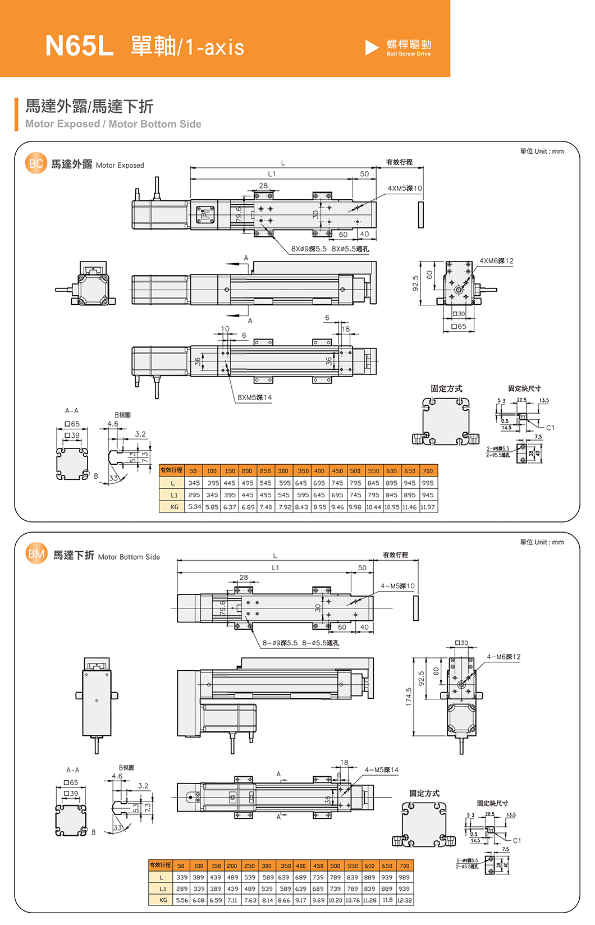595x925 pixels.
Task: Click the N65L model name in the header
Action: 79,45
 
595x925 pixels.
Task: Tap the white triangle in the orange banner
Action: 372,48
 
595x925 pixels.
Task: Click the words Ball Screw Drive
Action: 409,54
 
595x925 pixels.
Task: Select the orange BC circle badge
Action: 36,163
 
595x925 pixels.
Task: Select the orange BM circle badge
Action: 36,554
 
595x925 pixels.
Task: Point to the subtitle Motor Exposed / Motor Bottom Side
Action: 113,124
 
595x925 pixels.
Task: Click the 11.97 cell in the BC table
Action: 428,507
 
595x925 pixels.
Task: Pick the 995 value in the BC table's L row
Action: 428,483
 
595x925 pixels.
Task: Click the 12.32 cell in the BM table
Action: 404,900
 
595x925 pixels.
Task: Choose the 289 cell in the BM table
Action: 182,889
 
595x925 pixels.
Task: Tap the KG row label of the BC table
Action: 173,507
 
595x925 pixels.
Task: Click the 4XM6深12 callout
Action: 496,261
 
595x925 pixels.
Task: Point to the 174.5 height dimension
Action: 408,697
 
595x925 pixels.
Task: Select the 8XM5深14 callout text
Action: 254,397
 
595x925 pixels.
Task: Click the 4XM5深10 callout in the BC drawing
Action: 405,188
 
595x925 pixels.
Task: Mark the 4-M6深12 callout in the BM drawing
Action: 504,657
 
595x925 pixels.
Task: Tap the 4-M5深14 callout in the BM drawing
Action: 382,770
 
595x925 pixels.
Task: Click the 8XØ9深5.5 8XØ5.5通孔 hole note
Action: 330,249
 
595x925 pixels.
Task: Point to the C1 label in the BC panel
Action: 550,428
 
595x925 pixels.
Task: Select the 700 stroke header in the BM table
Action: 404,866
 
